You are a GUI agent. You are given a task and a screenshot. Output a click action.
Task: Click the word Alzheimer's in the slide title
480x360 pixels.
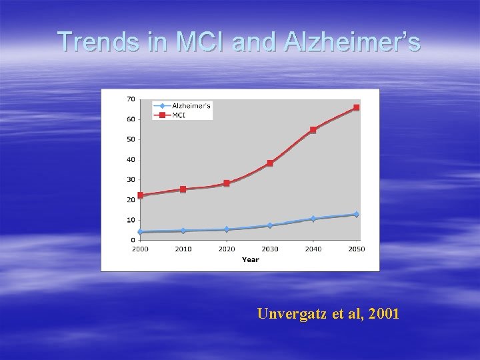[x=353, y=42]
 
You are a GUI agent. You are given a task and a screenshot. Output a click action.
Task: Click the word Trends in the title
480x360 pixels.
[x=98, y=42]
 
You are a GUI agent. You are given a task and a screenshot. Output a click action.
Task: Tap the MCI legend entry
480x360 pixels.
[x=179, y=115]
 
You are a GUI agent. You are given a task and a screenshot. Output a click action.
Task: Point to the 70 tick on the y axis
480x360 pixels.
[x=131, y=99]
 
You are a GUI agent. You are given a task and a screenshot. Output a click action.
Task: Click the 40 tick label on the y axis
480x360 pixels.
[x=131, y=159]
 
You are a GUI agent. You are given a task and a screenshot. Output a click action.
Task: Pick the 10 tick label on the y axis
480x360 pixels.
[x=131, y=220]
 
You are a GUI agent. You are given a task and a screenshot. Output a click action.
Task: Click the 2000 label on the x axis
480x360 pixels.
[x=140, y=249]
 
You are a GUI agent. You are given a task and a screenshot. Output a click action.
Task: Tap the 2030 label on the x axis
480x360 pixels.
[x=270, y=249]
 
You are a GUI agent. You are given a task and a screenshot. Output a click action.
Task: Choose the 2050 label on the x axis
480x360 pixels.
[x=357, y=249]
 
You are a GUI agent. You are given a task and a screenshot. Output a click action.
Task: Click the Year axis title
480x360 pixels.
[x=250, y=259]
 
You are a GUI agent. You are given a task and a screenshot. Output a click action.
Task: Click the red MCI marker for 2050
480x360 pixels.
[x=357, y=107]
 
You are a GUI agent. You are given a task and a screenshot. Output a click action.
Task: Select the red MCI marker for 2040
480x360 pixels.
[x=313, y=130]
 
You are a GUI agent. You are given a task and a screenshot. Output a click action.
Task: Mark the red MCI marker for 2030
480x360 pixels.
[x=270, y=163]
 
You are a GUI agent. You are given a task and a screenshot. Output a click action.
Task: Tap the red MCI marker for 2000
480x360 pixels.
[x=140, y=195]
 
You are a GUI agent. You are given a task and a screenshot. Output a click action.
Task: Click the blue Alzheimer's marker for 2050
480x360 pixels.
[x=357, y=215]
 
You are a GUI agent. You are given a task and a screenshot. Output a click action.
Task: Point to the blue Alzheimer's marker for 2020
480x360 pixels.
[x=227, y=229]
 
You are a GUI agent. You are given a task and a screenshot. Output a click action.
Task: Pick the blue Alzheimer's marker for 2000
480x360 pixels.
[x=140, y=232]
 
